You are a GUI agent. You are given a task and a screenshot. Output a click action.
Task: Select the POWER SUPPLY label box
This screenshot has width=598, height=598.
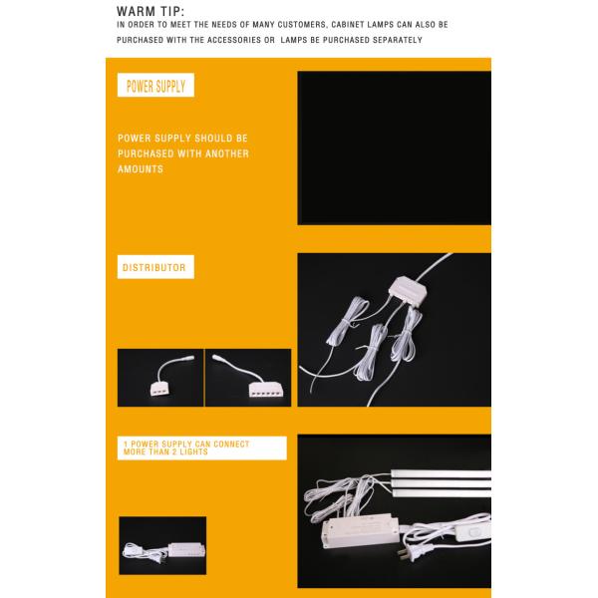click(x=155, y=86)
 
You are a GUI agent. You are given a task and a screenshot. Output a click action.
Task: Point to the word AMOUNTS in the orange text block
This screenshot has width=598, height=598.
click(x=141, y=169)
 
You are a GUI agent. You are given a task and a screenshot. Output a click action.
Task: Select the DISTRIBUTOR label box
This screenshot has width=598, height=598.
click(x=154, y=268)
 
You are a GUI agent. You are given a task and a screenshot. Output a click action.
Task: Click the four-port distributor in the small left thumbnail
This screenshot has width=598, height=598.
click(x=161, y=383)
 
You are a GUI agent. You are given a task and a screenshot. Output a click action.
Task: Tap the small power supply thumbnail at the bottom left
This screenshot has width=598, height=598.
click(x=162, y=551)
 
